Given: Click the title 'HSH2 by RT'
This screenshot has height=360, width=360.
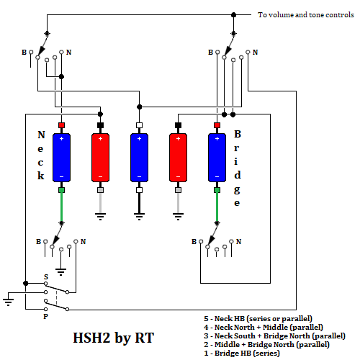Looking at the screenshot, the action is tap(113, 338).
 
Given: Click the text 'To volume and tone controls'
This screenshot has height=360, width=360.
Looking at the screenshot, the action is tap(306, 15).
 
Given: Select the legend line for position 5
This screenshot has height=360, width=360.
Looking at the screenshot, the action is tap(258, 319).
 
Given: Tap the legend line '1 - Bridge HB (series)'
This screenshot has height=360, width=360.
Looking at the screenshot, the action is tap(242, 354).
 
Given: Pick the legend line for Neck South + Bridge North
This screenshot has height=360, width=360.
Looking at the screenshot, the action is tap(274, 336).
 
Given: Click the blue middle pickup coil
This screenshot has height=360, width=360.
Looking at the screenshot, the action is tap(139, 158).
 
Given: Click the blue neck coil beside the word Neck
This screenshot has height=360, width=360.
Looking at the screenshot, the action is tap(61, 158).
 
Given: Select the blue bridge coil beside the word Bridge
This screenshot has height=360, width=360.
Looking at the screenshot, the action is tap(217, 158).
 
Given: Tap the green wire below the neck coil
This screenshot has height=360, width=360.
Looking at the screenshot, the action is tap(61, 207).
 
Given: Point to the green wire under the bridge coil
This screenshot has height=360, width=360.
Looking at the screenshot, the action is tap(217, 207).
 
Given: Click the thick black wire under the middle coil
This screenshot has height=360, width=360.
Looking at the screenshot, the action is tap(139, 203).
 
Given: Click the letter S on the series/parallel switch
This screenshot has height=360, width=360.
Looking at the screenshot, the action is tap(46, 276).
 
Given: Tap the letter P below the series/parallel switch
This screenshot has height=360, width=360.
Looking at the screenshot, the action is tap(45, 317).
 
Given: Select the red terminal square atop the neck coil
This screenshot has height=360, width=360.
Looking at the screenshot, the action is tap(61, 125).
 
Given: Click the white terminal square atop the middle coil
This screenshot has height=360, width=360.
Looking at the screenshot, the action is tap(139, 125).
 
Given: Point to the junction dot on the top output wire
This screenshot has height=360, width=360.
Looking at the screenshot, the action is tap(233, 15).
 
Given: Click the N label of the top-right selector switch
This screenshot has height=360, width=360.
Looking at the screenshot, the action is tap(255, 52).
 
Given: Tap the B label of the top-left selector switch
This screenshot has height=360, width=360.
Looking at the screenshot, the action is tap(24, 52).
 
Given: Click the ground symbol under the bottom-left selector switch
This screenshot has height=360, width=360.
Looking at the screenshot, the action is tap(61, 272).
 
